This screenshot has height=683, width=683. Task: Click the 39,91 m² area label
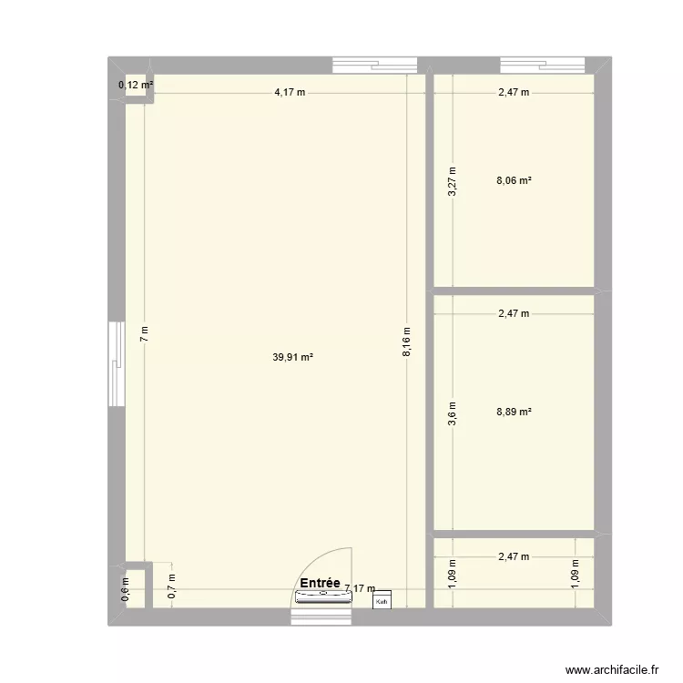tap(293, 358)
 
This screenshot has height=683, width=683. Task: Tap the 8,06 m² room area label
tap(514, 181)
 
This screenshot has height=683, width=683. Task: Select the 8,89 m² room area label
tap(514, 412)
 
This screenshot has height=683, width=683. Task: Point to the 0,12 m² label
tap(136, 87)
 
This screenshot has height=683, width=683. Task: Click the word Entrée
tap(319, 583)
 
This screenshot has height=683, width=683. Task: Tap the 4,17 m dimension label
tap(291, 92)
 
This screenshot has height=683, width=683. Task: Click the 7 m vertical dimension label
tap(143, 333)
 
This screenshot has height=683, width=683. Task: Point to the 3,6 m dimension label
tap(453, 413)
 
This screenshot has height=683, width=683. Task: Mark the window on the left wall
tap(115, 364)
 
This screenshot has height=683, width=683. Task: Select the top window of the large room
tap(375, 65)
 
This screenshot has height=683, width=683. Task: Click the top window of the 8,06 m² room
tap(543, 65)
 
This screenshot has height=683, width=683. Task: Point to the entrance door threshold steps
tap(321, 617)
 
